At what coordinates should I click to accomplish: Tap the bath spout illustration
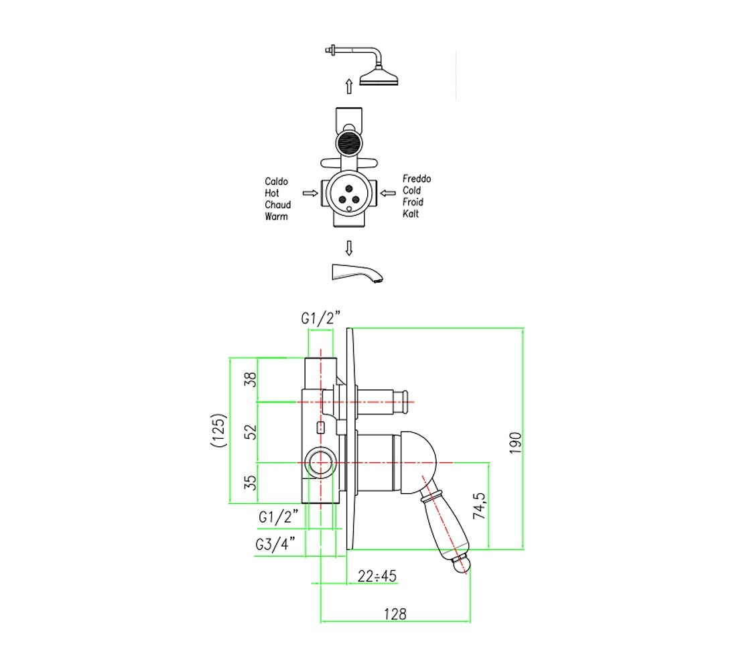pyautogui.click(x=357, y=273)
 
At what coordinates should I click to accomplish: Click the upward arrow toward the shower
pyautogui.click(x=349, y=86)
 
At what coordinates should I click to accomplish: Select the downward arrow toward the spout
pyautogui.click(x=349, y=248)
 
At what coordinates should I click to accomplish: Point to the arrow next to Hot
pyautogui.click(x=310, y=193)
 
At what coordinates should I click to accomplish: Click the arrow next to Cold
pyautogui.click(x=388, y=193)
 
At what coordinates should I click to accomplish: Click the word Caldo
pyautogui.click(x=276, y=182)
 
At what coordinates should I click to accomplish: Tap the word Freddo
pyautogui.click(x=417, y=179)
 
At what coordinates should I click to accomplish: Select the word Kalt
pyautogui.click(x=410, y=214)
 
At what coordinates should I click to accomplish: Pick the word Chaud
pyautogui.click(x=278, y=205)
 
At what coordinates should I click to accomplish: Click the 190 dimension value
pyautogui.click(x=516, y=442)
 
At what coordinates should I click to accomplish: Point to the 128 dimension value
pyautogui.click(x=395, y=614)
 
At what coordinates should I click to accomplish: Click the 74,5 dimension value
pyautogui.click(x=480, y=506)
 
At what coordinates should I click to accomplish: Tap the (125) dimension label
pyautogui.click(x=219, y=430)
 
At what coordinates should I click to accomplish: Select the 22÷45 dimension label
pyautogui.click(x=377, y=576)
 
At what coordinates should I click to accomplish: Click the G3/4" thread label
pyautogui.click(x=275, y=544)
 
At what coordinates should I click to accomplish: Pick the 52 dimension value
pyautogui.click(x=251, y=431)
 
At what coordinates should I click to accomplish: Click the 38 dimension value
pyautogui.click(x=251, y=379)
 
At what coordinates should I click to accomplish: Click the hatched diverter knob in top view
pyautogui.click(x=349, y=143)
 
